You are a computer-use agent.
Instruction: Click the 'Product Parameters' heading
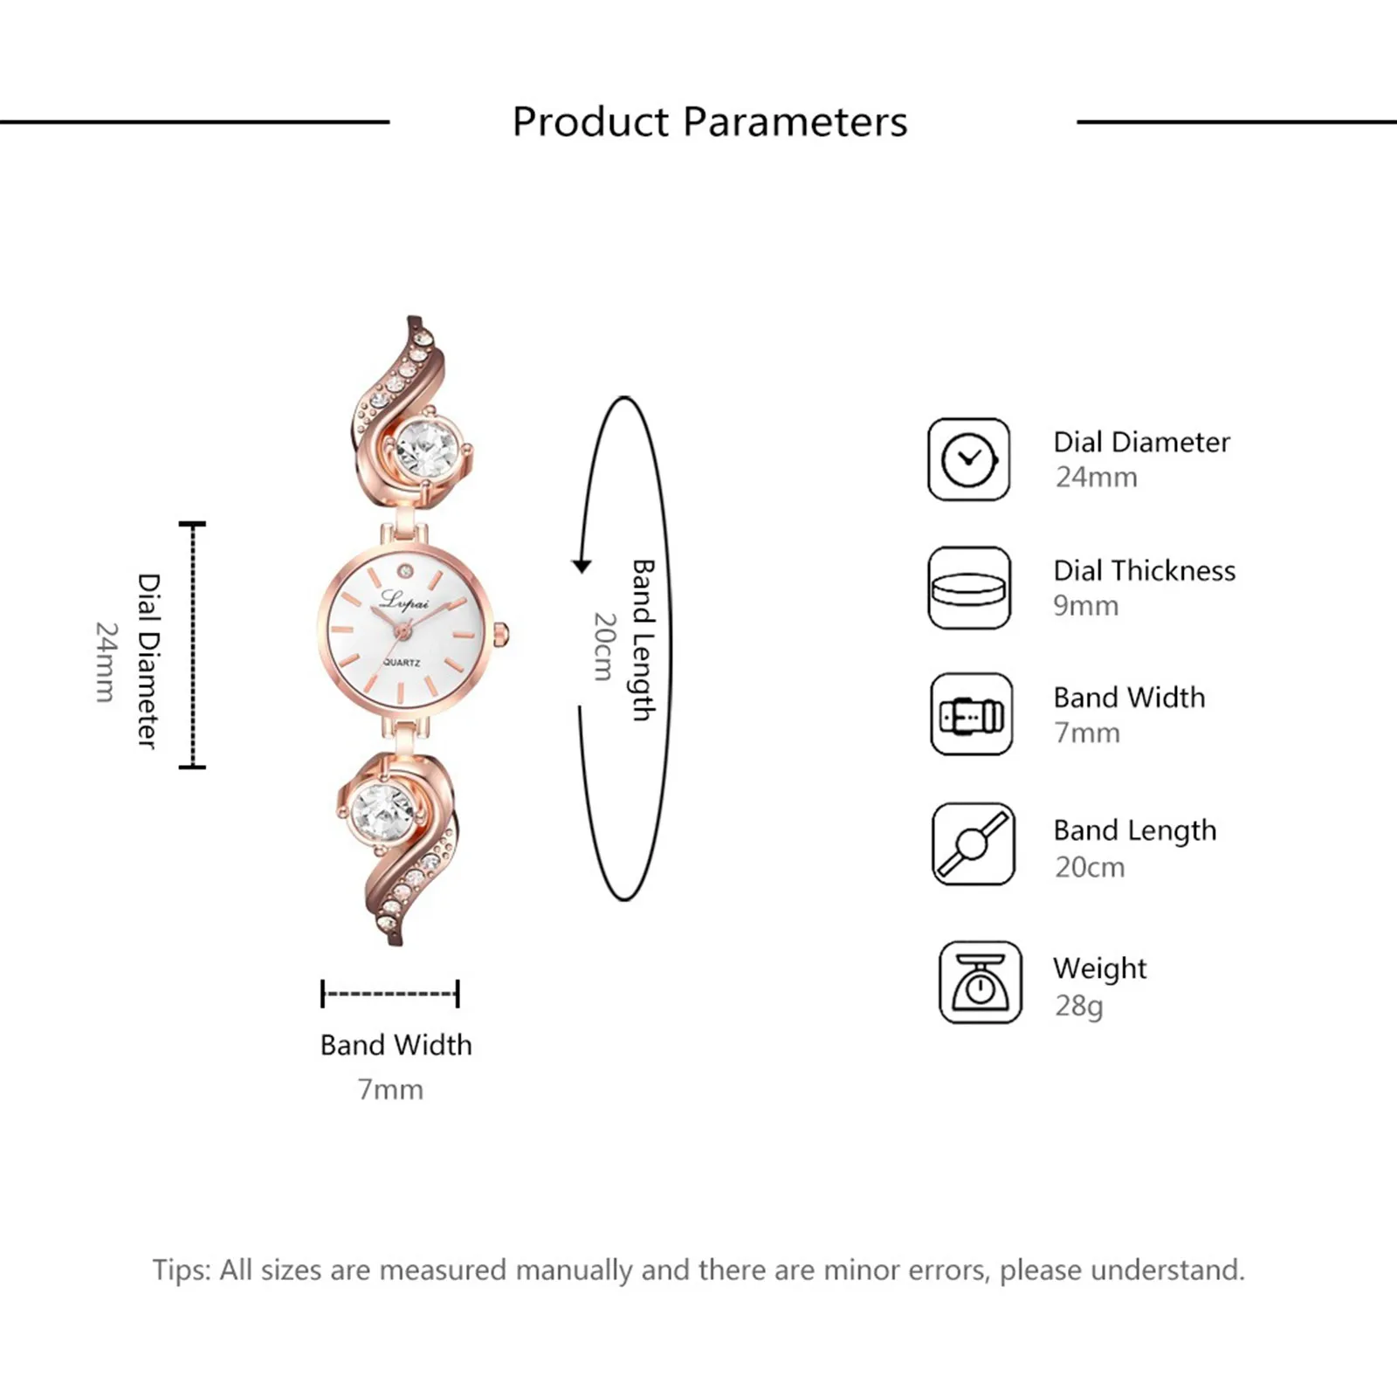click(x=709, y=121)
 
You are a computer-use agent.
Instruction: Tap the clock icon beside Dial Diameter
click(x=968, y=459)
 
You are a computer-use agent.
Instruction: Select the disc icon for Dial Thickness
click(x=968, y=588)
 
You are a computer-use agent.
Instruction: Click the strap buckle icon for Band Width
click(x=971, y=715)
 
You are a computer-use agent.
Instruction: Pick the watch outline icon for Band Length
click(x=973, y=844)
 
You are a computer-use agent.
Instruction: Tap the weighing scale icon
click(x=980, y=982)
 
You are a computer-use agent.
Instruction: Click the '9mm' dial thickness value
click(x=1085, y=606)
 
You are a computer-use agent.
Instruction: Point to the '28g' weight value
click(x=1079, y=1006)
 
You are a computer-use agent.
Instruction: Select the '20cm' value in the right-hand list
click(x=1090, y=867)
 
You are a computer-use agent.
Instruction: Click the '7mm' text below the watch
click(x=390, y=1090)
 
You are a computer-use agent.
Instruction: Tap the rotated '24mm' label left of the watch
click(x=106, y=661)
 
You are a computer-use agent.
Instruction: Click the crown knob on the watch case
click(x=501, y=635)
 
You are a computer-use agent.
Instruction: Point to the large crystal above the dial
click(x=427, y=451)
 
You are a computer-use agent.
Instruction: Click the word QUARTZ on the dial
click(x=402, y=663)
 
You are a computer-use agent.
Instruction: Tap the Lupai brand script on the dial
click(x=405, y=602)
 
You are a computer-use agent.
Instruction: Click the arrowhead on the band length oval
click(x=582, y=566)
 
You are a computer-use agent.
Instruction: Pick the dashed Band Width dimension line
click(x=390, y=994)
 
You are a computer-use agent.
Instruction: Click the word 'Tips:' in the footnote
click(x=182, y=1270)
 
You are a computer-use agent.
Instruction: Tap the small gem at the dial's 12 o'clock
click(x=405, y=571)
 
